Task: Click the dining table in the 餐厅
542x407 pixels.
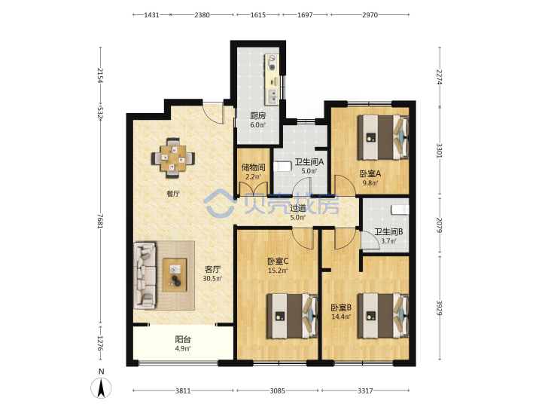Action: click(173, 158)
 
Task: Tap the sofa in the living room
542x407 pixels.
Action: click(145, 276)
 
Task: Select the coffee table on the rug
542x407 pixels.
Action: click(175, 275)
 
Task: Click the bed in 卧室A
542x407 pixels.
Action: click(383, 137)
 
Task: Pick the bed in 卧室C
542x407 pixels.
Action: click(292, 316)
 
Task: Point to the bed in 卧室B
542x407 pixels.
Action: click(383, 316)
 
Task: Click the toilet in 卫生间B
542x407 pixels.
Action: click(400, 210)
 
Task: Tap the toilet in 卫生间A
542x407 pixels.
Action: click(282, 167)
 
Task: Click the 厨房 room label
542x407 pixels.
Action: click(258, 115)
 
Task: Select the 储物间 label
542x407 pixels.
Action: click(254, 167)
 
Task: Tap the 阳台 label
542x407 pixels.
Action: click(183, 339)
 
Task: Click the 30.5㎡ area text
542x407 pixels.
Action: click(212, 279)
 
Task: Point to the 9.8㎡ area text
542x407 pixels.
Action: click(370, 183)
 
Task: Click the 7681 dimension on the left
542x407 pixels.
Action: click(100, 221)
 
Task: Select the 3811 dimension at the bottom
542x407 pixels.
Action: click(183, 390)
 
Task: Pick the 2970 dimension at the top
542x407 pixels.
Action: click(370, 15)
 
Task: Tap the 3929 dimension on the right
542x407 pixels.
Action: click(440, 308)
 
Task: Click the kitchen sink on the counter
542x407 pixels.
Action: click(273, 96)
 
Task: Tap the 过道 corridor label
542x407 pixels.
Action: click(297, 208)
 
